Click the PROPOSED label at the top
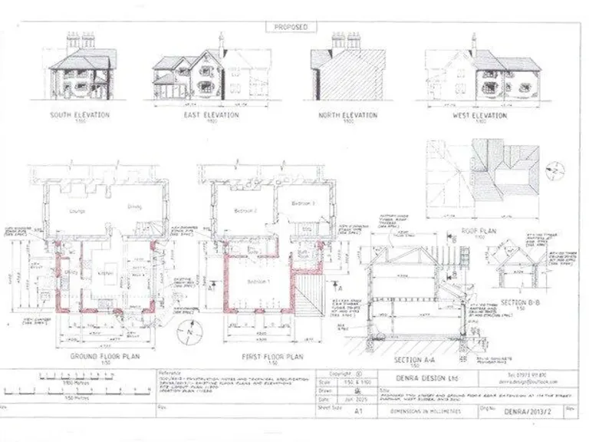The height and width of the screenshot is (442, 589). [291, 27]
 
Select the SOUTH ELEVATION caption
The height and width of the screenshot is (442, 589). [80, 115]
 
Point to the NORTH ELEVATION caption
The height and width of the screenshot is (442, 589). [348, 115]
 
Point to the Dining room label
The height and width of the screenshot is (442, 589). [135, 206]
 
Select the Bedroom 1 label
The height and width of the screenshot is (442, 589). [256, 282]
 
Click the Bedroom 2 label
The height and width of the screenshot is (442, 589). [245, 209]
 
